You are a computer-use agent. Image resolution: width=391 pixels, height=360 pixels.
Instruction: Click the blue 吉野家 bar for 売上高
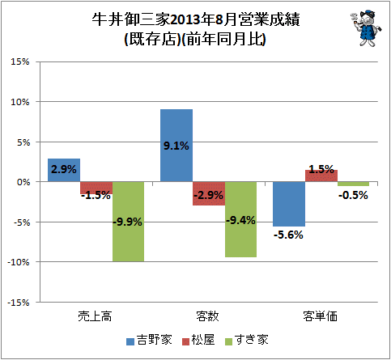pos(64,170)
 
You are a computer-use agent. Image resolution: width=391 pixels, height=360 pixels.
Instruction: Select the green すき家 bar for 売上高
pos(128,222)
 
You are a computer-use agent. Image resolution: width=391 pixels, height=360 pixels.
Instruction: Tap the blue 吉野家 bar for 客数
pos(176,146)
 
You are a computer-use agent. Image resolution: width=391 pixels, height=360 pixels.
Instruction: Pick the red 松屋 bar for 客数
pos(209,193)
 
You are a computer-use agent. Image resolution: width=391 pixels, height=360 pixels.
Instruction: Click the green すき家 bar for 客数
pos(240,219)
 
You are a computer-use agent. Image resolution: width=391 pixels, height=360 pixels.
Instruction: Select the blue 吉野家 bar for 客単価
pos(289,204)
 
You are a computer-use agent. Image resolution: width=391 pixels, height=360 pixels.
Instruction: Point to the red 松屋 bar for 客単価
pos(321,176)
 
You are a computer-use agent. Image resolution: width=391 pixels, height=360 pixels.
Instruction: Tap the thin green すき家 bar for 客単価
pos(353,184)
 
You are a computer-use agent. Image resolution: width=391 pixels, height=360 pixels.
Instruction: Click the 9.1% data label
pos(176,146)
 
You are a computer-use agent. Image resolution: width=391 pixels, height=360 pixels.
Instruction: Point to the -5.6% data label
pos(288,235)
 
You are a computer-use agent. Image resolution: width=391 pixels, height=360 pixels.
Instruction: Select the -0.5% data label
pos(353,195)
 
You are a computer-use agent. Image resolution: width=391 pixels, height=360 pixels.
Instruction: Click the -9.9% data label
pos(127,222)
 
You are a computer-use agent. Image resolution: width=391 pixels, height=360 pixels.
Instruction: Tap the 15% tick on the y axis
pos(20,61)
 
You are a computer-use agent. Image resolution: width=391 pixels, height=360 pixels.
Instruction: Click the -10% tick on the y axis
pos(18,262)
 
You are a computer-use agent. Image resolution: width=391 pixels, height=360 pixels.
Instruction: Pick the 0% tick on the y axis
pos(23,182)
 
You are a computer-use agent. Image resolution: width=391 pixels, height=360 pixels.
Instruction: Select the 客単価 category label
pos(321,316)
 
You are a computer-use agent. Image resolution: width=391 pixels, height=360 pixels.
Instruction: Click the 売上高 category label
pos(95,316)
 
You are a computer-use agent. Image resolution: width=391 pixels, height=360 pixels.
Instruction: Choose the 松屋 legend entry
pos(198,340)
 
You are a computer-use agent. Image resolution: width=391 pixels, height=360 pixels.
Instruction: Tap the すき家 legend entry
pos(247,340)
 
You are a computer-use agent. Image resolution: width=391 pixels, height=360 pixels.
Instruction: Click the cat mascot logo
pos(366,28)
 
